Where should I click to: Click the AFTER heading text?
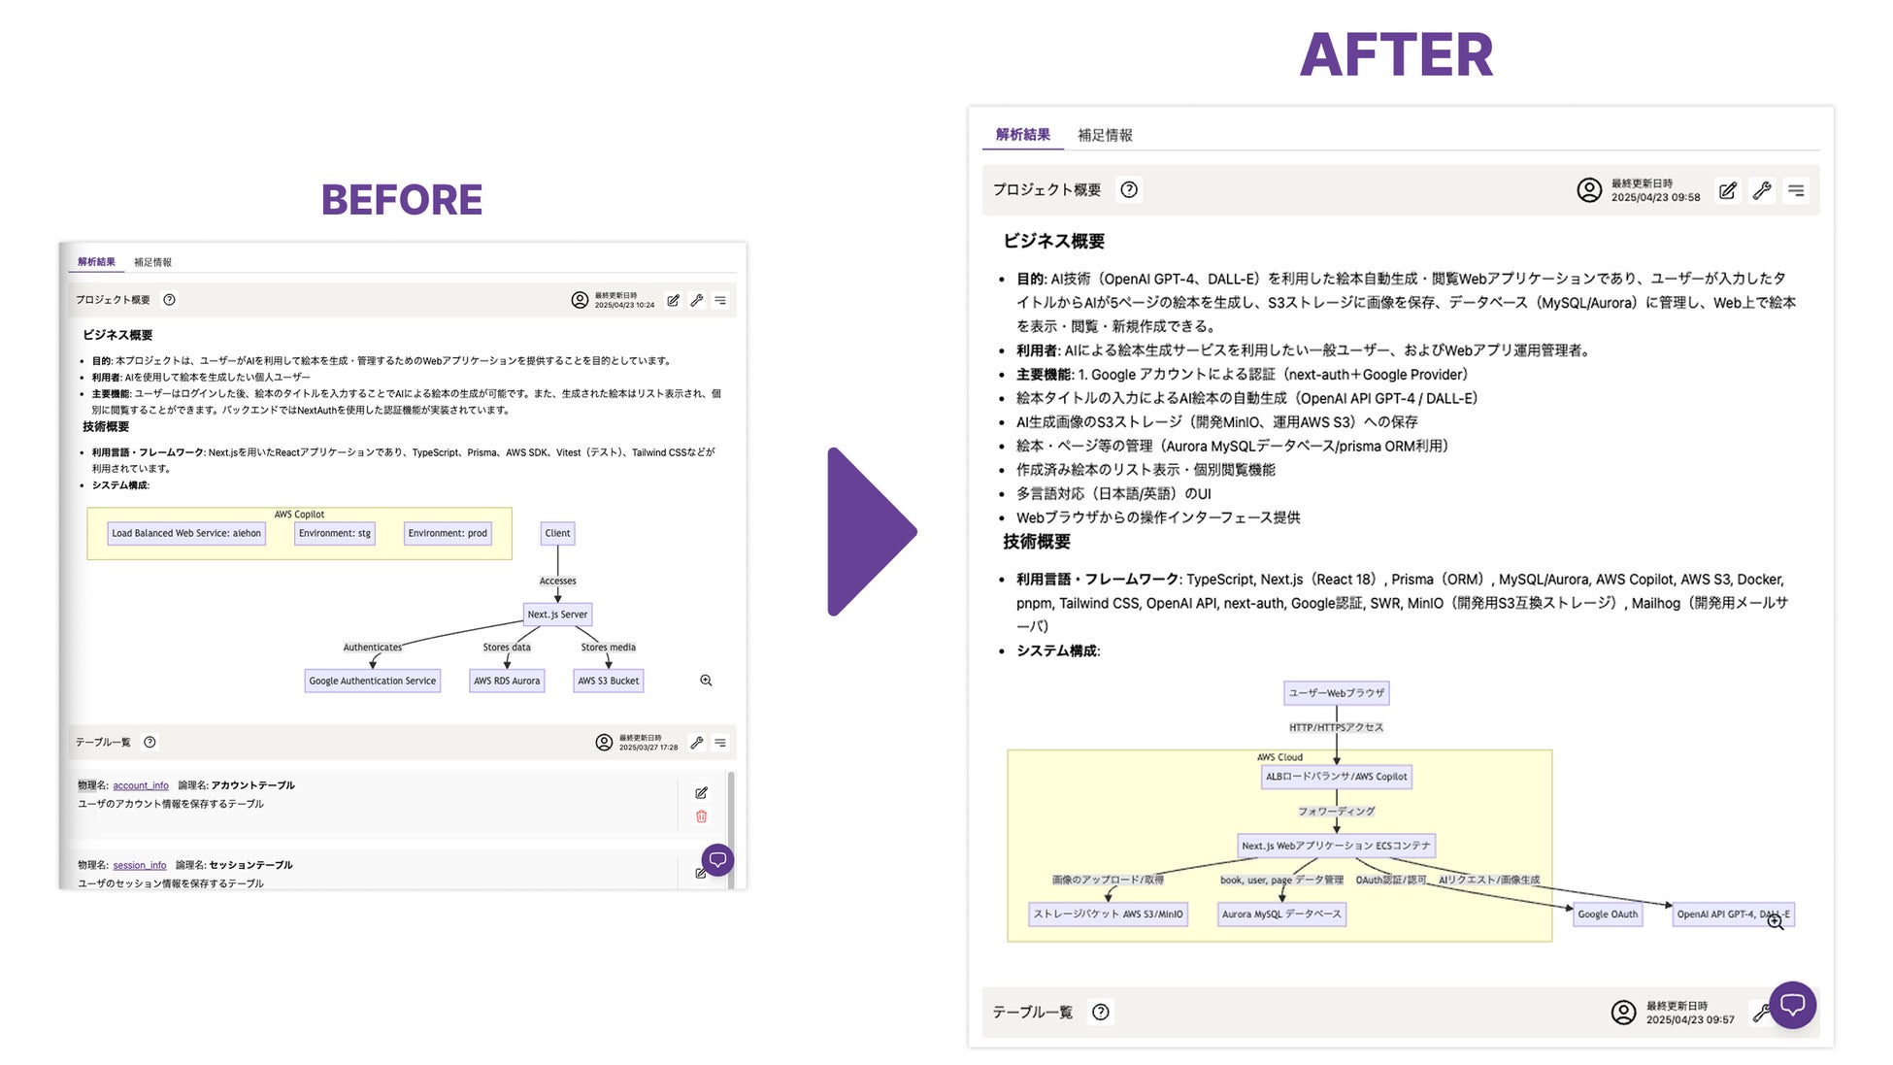pyautogui.click(x=1396, y=55)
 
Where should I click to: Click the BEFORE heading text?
pyautogui.click(x=401, y=200)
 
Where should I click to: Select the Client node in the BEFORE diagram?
pyautogui.click(x=557, y=533)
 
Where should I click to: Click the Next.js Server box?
pyautogui.click(x=557, y=615)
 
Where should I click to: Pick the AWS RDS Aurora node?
pyautogui.click(x=507, y=681)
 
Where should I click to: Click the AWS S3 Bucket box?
pyautogui.click(x=609, y=681)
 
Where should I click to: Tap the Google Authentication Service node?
pyautogui.click(x=372, y=681)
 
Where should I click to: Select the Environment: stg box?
pyautogui.click(x=335, y=533)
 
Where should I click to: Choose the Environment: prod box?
pyautogui.click(x=448, y=533)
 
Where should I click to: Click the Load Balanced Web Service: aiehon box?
pyautogui.click(x=186, y=533)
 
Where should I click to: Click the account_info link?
pyautogui.click(x=141, y=785)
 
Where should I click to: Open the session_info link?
pyautogui.click(x=140, y=865)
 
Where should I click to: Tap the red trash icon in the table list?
pyautogui.click(x=701, y=816)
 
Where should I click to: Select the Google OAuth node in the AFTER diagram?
pyautogui.click(x=1608, y=914)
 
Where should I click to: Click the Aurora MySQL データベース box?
pyautogui.click(x=1281, y=914)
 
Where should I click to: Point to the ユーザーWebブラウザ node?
pyautogui.click(x=1337, y=693)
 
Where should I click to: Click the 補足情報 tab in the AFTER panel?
pyautogui.click(x=1105, y=135)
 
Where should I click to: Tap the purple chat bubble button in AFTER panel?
pyautogui.click(x=1792, y=1005)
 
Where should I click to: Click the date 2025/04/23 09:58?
pyautogui.click(x=1655, y=197)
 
